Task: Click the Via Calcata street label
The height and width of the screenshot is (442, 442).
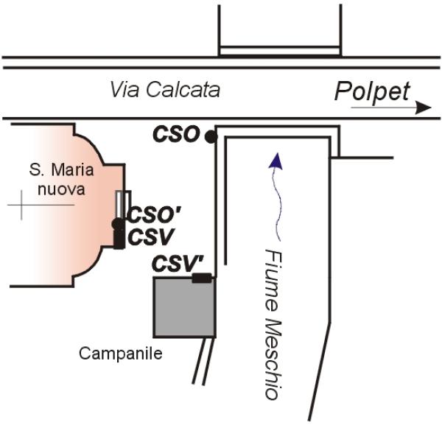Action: point(164,90)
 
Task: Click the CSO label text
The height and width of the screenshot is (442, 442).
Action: point(176,134)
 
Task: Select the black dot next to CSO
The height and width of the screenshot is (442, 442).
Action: point(211,136)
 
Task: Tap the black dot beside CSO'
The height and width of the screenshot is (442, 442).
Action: point(117,223)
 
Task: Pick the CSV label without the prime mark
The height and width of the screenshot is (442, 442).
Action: point(150,236)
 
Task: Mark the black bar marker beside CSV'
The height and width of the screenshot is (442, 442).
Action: point(201,278)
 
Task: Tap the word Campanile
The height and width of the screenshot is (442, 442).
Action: point(120,354)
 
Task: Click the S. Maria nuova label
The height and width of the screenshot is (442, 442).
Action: point(62,179)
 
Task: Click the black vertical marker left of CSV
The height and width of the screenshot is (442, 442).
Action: point(118,239)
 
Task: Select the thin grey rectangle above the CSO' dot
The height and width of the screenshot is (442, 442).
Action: point(122,204)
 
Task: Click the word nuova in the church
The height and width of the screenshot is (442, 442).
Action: point(63,189)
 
